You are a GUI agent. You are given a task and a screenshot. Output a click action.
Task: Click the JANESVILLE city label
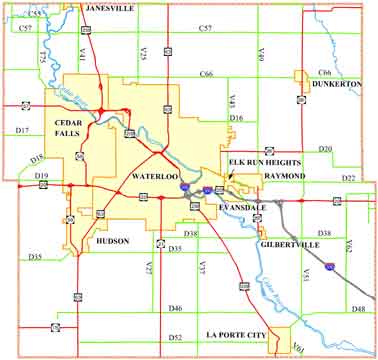[111, 7]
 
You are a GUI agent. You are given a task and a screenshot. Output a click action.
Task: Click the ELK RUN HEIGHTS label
[260, 161]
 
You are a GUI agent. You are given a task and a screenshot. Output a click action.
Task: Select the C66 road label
[206, 74]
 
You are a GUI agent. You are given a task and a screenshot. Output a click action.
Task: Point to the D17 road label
[24, 131]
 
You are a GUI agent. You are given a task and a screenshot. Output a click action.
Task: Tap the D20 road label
[325, 148]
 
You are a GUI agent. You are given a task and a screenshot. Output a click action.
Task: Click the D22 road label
[348, 177]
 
